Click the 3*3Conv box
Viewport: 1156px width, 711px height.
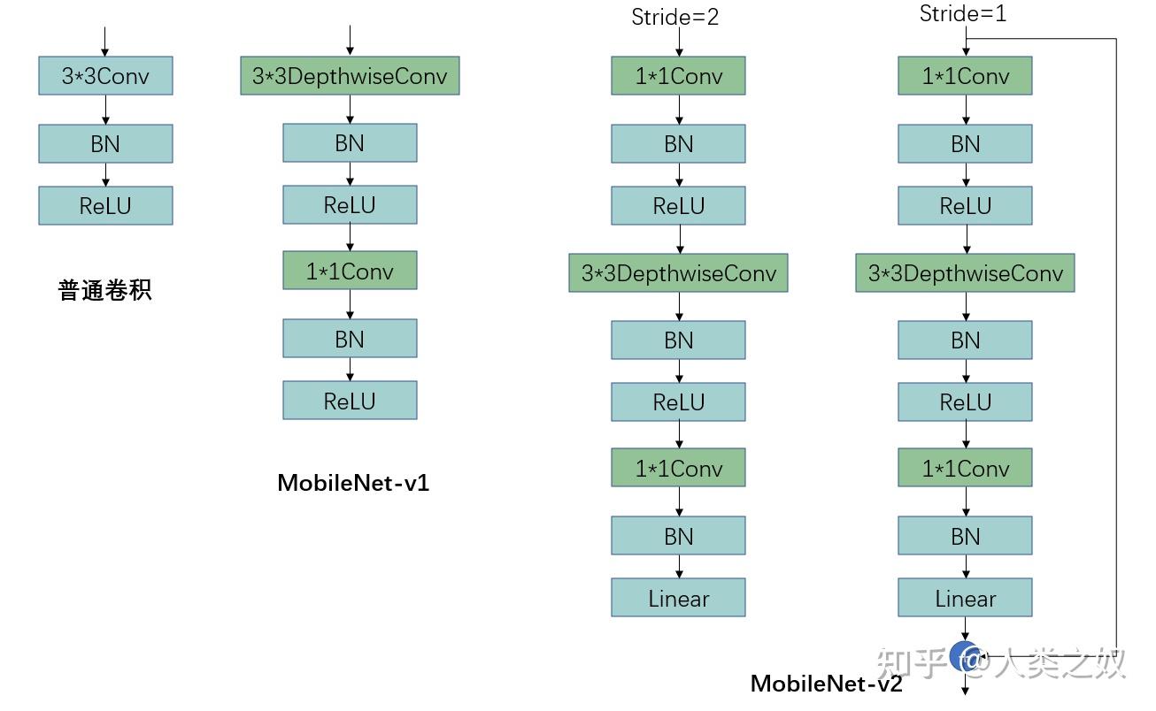[105, 76]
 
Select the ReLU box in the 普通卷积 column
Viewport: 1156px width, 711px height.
[105, 205]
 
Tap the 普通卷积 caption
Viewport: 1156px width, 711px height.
[105, 291]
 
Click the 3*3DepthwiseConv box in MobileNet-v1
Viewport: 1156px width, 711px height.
[350, 76]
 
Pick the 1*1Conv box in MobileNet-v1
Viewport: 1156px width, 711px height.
[350, 271]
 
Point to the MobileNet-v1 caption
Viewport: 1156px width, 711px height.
[353, 483]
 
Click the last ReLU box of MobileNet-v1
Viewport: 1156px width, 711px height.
[350, 401]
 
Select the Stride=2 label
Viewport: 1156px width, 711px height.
[674, 17]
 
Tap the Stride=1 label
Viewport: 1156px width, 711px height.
[963, 14]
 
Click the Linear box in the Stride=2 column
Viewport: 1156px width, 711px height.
[678, 598]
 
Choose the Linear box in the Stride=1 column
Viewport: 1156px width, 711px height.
[965, 598]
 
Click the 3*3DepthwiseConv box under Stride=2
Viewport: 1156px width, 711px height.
[678, 273]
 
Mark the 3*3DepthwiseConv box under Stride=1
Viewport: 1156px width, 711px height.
[965, 273]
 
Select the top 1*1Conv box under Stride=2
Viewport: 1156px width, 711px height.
[678, 76]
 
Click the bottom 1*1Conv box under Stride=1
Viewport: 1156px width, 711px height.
[965, 468]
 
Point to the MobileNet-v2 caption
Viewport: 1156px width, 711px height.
[826, 684]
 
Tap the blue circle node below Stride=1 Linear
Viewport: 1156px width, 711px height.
[964, 656]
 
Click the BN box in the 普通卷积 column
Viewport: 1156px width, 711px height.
[105, 143]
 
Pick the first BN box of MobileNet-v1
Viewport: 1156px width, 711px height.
[350, 143]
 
